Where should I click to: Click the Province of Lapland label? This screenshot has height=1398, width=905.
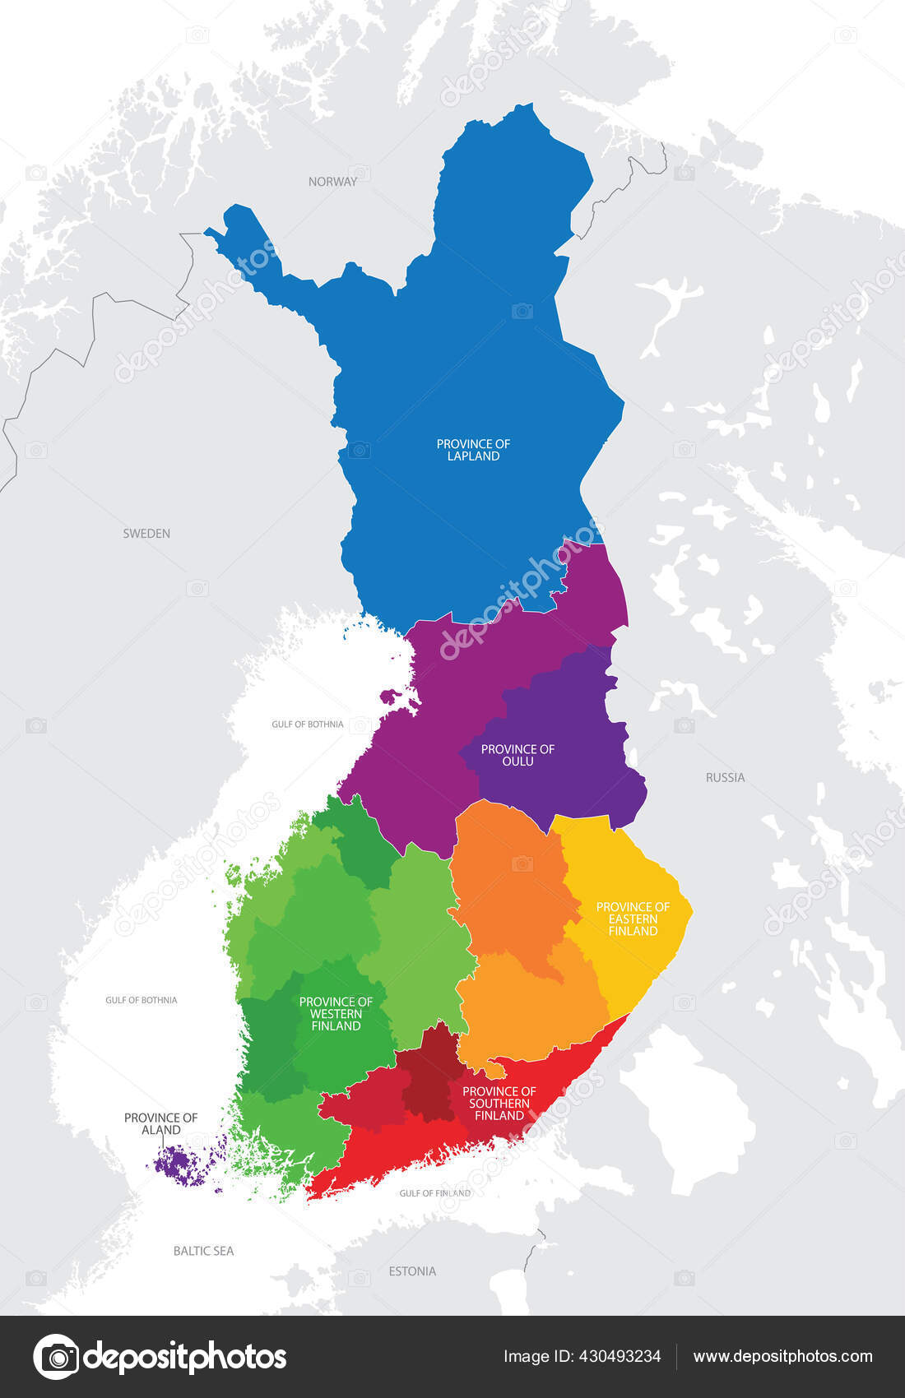tap(473, 450)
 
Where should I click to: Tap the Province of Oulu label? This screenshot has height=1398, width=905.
tap(517, 755)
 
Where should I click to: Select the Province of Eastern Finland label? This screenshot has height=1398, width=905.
tap(633, 919)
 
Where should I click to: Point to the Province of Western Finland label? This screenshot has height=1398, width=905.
tap(336, 1013)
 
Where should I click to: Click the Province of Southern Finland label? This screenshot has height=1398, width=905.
tap(499, 1104)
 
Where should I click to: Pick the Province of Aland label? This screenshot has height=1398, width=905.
tap(160, 1123)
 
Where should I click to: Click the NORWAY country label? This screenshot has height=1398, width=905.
tap(332, 182)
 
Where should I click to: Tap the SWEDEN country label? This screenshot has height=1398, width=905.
tap(146, 534)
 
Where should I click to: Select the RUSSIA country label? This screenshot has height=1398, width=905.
tap(725, 777)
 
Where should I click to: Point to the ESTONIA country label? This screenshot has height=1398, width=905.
tap(412, 1271)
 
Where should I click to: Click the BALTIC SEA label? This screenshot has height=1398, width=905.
tap(203, 1251)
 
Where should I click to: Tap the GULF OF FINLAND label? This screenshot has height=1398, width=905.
tap(435, 1193)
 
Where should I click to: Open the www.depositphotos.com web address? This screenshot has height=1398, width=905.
tap(782, 1356)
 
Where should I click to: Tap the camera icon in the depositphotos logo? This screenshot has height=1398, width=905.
tap(56, 1356)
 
